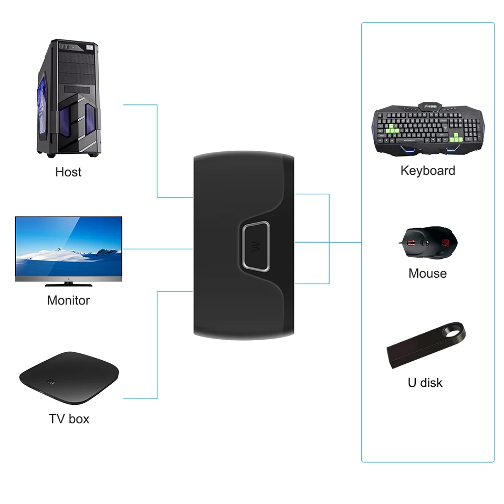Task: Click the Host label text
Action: coord(68,172)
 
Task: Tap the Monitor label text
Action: coord(68,300)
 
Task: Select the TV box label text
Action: coord(69,418)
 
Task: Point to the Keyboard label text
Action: coord(427,171)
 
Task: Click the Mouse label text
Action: coord(427,274)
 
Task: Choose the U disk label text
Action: coord(425,383)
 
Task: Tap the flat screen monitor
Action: coord(68,247)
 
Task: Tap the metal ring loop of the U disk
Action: coord(452,332)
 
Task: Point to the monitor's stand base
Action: coord(68,284)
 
